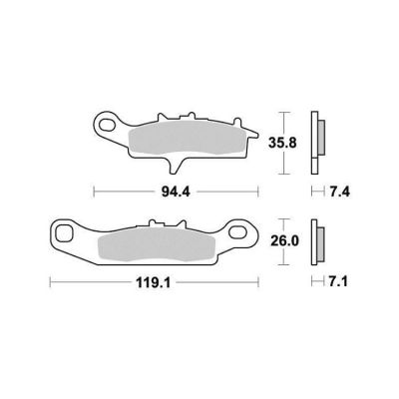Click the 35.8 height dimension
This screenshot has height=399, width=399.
tap(282, 143)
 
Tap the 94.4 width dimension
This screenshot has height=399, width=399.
tap(176, 192)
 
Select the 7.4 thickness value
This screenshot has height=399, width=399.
tap(340, 192)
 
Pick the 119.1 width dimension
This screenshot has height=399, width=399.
tap(153, 283)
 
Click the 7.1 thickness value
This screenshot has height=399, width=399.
tap(338, 282)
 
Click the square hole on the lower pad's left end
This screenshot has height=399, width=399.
tap(64, 233)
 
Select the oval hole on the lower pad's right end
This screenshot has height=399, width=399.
tap(237, 232)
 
